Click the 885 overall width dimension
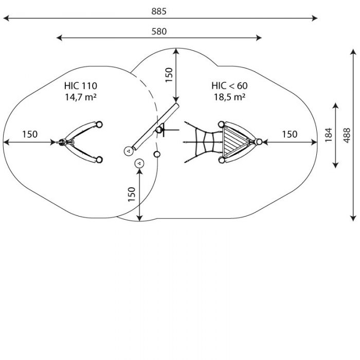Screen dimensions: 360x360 (x=158, y=11)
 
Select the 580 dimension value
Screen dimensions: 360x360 (x=159, y=31)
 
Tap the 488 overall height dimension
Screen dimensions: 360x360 (x=347, y=135)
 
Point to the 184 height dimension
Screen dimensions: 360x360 (x=329, y=135)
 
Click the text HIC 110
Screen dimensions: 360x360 (x=81, y=86)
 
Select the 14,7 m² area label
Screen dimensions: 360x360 (x=81, y=97)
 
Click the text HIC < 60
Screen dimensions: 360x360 (x=229, y=86)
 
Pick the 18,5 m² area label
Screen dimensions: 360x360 (x=229, y=97)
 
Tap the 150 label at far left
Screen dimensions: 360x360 (x=30, y=134)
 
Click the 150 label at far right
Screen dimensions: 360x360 (x=290, y=134)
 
